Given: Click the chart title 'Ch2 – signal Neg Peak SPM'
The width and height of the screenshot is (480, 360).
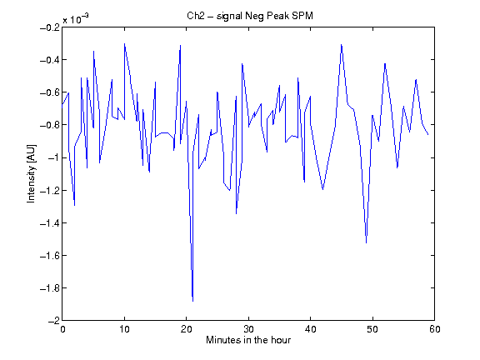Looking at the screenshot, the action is click(250, 16).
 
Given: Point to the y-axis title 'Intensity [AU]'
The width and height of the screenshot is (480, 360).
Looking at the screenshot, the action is click(31, 173).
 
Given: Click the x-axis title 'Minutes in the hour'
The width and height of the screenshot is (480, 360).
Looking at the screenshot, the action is click(248, 340).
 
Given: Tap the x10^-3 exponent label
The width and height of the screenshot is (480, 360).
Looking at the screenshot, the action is click(76, 18).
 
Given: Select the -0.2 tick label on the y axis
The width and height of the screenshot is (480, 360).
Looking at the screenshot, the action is click(50, 27).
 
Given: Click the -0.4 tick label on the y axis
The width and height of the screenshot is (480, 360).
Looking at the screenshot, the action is click(50, 60).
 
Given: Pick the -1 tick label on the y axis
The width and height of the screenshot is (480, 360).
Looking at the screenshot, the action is click(53, 157).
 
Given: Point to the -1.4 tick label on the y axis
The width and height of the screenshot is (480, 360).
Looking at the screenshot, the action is click(50, 222).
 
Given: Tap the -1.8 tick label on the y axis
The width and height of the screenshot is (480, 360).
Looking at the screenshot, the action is click(50, 288).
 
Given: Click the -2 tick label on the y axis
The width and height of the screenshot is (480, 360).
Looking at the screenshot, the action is click(53, 321).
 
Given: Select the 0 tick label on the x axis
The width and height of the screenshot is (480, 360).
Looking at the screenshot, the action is click(62, 329).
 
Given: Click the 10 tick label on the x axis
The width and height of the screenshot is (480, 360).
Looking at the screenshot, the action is click(125, 329).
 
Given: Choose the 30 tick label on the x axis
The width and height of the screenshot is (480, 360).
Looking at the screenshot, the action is click(248, 329).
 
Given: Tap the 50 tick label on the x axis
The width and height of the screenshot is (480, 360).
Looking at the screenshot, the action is click(372, 329).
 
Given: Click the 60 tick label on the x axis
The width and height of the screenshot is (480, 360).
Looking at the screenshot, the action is click(435, 329).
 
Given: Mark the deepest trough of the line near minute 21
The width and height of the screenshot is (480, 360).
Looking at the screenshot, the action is click(192, 301).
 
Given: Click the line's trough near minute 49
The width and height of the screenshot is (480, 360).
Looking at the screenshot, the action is click(367, 242).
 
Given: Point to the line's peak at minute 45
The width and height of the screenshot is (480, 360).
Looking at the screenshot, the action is click(342, 45).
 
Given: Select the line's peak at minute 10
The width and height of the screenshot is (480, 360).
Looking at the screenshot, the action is click(125, 44).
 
